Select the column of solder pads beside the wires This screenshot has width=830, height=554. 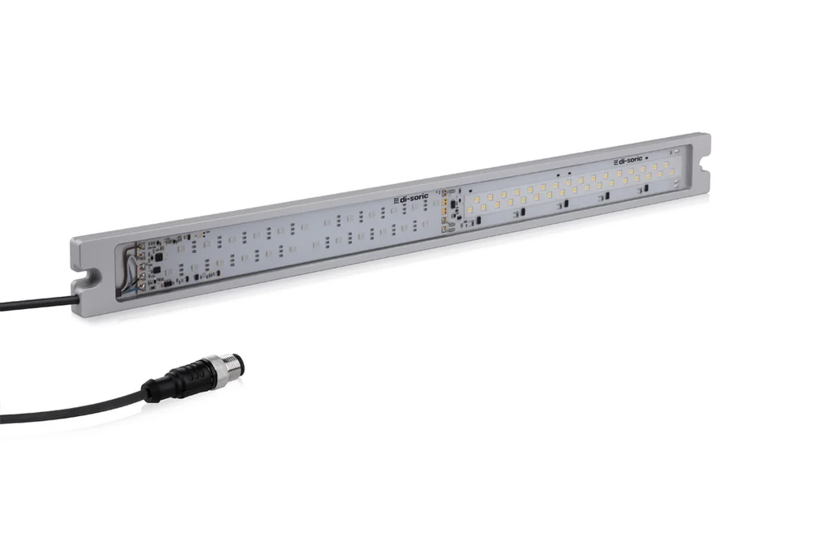click(x=143, y=264)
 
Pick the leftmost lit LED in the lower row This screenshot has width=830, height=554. click(x=469, y=210)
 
